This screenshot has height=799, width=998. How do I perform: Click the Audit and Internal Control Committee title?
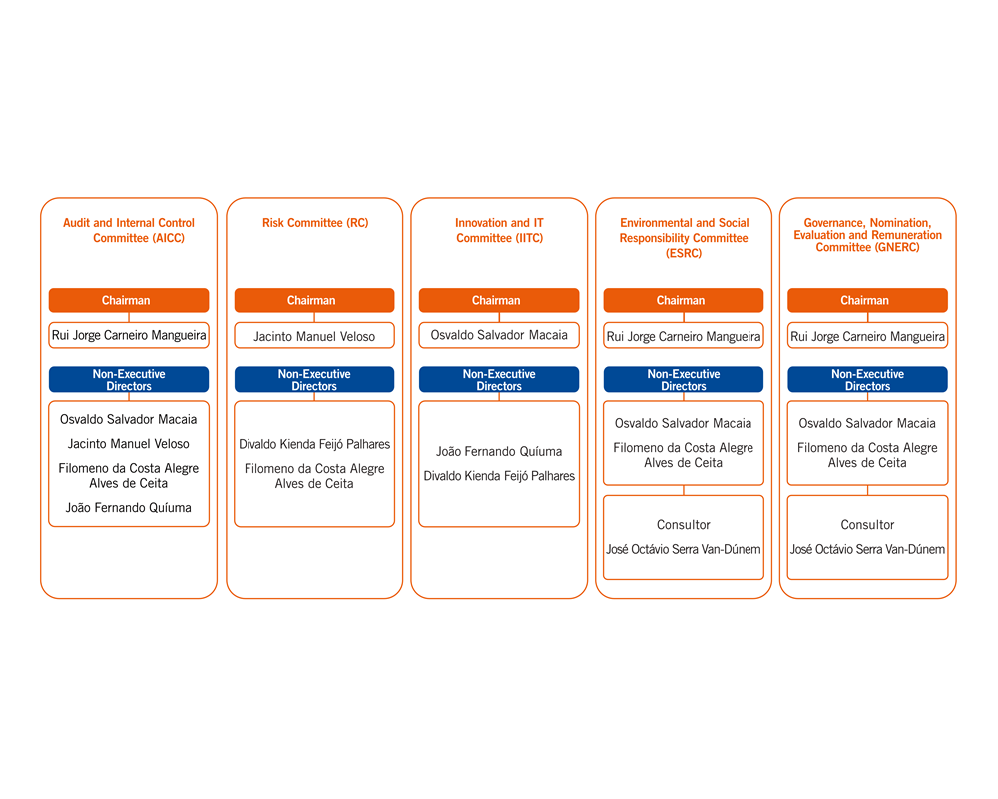[x=129, y=230]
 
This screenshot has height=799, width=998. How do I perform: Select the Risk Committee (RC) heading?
[x=315, y=223]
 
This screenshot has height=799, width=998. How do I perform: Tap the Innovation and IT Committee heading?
[x=500, y=230]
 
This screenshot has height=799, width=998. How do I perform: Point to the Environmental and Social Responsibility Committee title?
[x=685, y=238]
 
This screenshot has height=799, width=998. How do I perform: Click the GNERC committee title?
[x=867, y=235]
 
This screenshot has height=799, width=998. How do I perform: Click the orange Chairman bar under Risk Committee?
[x=314, y=300]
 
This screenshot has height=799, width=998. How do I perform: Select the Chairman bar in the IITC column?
[x=499, y=300]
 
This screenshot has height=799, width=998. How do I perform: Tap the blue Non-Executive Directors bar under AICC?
[x=129, y=380]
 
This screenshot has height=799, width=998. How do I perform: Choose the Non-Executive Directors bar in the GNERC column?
[x=867, y=380]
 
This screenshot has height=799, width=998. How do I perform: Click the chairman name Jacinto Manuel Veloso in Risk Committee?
[x=314, y=336]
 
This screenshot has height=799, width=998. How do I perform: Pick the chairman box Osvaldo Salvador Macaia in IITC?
[x=499, y=335]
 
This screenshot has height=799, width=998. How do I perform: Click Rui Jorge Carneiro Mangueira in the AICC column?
[x=129, y=335]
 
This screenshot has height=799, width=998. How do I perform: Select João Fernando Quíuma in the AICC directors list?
[x=129, y=507]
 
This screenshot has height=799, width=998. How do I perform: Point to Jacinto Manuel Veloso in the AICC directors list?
[x=129, y=444]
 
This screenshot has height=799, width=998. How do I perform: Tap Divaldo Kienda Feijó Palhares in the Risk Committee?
[x=314, y=444]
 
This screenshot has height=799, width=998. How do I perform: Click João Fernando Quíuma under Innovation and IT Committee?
[x=499, y=451]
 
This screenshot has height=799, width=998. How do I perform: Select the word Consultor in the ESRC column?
[x=684, y=525]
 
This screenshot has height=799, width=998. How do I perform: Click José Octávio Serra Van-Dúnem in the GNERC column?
[x=867, y=549]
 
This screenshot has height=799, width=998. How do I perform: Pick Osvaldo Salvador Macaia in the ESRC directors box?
[x=684, y=423]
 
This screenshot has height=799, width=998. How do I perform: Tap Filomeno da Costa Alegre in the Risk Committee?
[x=314, y=469]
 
